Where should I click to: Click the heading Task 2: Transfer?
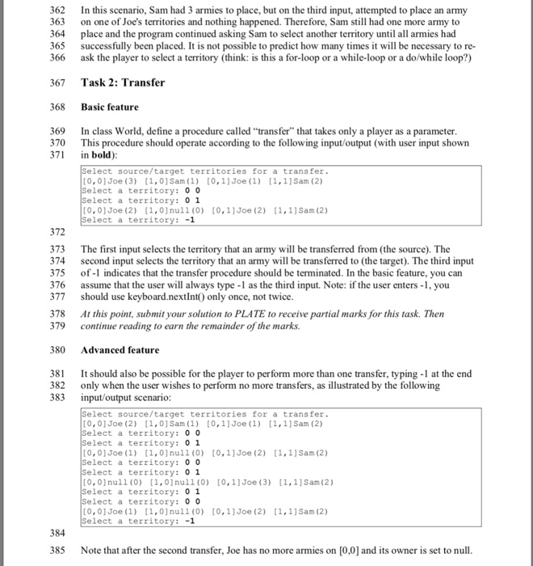[x=123, y=82]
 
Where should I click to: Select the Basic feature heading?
[x=110, y=107]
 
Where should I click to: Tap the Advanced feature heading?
[x=120, y=349]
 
